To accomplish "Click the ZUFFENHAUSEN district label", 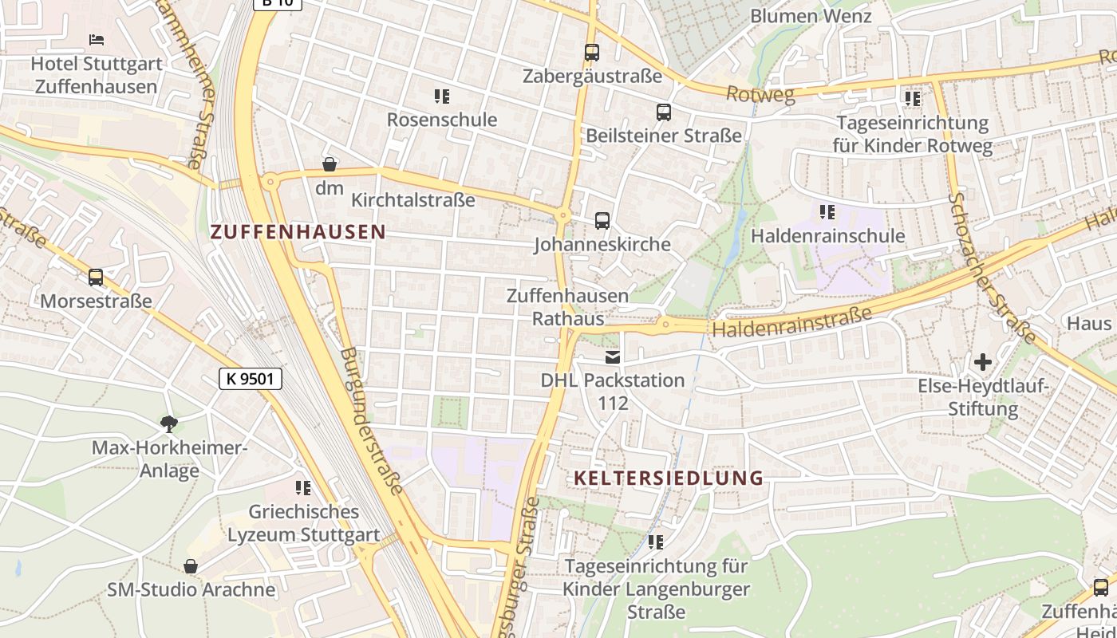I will coord(298,232).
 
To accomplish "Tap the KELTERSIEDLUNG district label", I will coord(669,478).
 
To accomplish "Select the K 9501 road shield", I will coord(251,379).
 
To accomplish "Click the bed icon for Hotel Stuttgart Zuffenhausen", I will coord(97,39).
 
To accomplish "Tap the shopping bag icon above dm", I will coord(329,164).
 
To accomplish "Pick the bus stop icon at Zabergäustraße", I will coord(591,53).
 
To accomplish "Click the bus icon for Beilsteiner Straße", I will coord(664,112).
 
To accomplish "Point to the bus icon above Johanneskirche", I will coord(602,220).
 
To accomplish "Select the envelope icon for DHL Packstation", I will coord(613,356).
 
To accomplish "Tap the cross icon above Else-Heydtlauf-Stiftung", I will coord(983,362).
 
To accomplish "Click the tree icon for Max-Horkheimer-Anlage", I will coord(169,423).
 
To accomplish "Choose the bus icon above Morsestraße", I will coord(96,278).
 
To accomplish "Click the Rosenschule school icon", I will coord(442,96).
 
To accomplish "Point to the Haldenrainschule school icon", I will coord(827,212).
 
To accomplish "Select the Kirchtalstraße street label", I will coord(413,199).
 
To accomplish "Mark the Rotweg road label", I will coord(760,95).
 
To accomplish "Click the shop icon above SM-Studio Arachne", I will coord(191,566).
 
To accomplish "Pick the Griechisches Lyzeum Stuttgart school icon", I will coord(303,487).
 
